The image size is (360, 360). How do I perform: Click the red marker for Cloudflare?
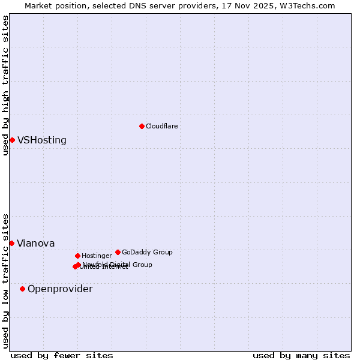pyautogui.click(x=142, y=126)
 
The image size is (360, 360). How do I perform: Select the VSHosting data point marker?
pyautogui.click(x=12, y=140)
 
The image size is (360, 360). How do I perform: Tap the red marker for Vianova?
pyautogui.click(x=11, y=243)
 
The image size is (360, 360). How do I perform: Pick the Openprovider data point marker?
pyautogui.click(x=22, y=289)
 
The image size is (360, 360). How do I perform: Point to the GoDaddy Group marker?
pyautogui.click(x=118, y=252)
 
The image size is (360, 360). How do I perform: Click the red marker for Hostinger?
pyautogui.click(x=77, y=256)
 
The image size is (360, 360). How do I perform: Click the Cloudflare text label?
pyautogui.click(x=161, y=126)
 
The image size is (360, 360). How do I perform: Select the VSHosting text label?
pyautogui.click(x=42, y=140)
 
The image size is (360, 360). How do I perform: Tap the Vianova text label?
pyautogui.click(x=35, y=243)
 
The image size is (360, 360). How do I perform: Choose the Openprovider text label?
pyautogui.click(x=60, y=289)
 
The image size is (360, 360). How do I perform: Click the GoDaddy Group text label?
pyautogui.click(x=147, y=252)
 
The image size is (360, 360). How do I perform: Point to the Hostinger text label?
pyautogui.click(x=97, y=256)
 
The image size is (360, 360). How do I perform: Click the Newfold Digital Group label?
pyautogui.click(x=117, y=264)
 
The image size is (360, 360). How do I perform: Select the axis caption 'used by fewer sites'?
pyautogui.click(x=62, y=355)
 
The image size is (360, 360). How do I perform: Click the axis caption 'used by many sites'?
pyautogui.click(x=301, y=355)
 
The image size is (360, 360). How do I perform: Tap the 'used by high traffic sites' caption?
pyautogui.click(x=5, y=85)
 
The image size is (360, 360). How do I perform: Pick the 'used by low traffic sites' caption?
pyautogui.click(x=5, y=281)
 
